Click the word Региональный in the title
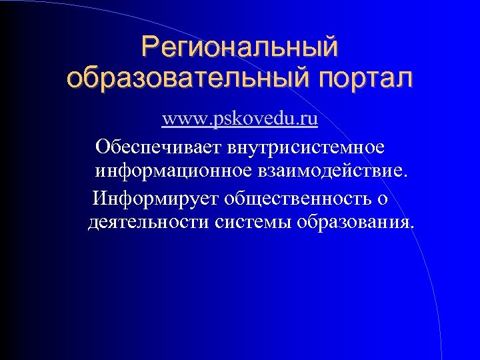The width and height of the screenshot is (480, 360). [x=239, y=47]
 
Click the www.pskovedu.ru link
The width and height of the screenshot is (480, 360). [x=239, y=120]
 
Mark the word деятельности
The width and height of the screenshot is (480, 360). [x=149, y=222]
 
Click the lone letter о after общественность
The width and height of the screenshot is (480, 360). [x=383, y=199]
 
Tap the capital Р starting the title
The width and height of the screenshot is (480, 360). [x=150, y=47]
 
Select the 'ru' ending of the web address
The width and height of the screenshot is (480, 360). [x=309, y=120]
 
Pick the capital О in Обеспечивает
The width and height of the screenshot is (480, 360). [x=103, y=145]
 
